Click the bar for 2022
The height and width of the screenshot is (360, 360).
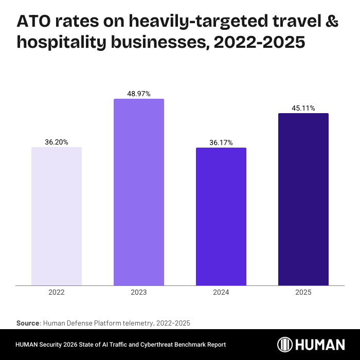point(57,216)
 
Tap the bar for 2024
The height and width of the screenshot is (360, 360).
point(221,216)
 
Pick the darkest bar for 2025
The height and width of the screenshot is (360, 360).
point(303,199)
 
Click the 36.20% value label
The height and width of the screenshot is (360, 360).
point(57,141)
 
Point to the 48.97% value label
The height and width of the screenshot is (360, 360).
point(139,94)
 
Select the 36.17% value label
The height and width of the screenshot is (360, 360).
point(221,142)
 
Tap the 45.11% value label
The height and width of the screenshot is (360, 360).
point(303,108)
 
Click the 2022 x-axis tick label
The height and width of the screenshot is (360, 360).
point(57,292)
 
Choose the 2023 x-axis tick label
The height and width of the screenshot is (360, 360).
point(139,292)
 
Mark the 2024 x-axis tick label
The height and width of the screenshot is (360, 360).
point(221,292)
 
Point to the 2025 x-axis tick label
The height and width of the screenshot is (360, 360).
point(303,292)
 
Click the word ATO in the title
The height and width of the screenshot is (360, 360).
point(34,22)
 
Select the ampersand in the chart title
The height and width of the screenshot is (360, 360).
point(332,22)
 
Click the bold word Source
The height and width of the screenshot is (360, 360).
point(28,323)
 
